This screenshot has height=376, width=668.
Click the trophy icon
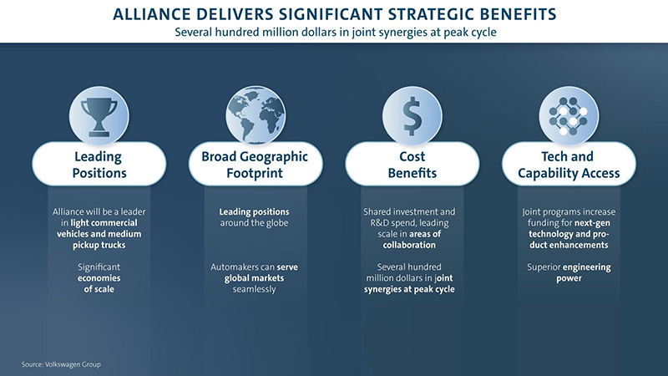[99, 117]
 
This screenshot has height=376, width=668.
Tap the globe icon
[256, 115]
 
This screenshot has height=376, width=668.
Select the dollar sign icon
[412, 116]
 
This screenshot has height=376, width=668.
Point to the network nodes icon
[569, 116]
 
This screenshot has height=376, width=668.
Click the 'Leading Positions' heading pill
[99, 164]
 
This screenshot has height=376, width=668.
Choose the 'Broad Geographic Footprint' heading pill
[256, 164]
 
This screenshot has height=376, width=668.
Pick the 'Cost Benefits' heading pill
[412, 164]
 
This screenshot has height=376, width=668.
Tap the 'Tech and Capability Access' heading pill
[569, 164]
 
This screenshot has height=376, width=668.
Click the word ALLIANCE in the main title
[153, 14]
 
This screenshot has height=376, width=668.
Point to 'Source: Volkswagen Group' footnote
[61, 364]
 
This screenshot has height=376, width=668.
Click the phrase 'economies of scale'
[99, 283]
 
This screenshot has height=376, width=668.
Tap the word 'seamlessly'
[255, 289]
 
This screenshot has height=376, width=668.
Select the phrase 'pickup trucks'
[99, 245]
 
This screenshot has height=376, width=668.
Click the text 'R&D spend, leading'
[409, 223]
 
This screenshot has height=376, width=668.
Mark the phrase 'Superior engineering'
[569, 267]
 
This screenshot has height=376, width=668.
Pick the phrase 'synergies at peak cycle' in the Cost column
[409, 289]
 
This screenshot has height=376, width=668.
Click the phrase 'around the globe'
[255, 223]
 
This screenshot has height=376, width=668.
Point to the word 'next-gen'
[592, 223]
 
